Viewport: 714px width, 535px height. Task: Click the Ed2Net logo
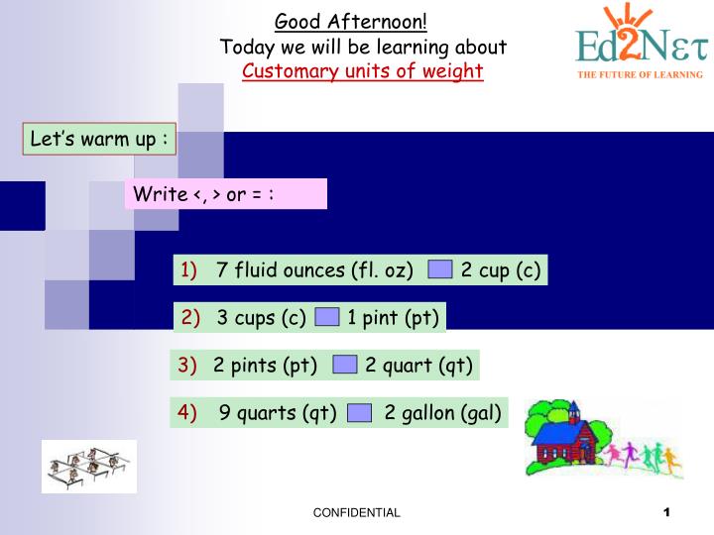coord(640,40)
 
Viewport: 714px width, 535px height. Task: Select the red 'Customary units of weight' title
coord(363,71)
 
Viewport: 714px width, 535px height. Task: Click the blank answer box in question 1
coord(441,269)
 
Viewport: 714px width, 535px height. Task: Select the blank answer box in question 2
coord(327,317)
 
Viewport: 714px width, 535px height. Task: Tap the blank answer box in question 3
coord(344,365)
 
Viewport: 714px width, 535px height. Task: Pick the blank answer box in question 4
coord(360,413)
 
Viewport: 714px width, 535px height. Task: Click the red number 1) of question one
coord(188,269)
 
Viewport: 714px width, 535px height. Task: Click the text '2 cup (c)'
coord(501,269)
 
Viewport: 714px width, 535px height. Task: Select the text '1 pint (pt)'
coord(393,317)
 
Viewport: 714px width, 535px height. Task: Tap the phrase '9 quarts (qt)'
coord(279,413)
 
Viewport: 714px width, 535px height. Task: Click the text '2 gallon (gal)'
coord(442,413)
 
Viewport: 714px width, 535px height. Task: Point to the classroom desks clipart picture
coord(88,466)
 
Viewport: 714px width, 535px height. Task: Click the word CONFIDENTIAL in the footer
coord(356,513)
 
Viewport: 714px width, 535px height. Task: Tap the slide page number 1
coord(667,512)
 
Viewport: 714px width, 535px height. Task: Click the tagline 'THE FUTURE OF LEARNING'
coord(640,74)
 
